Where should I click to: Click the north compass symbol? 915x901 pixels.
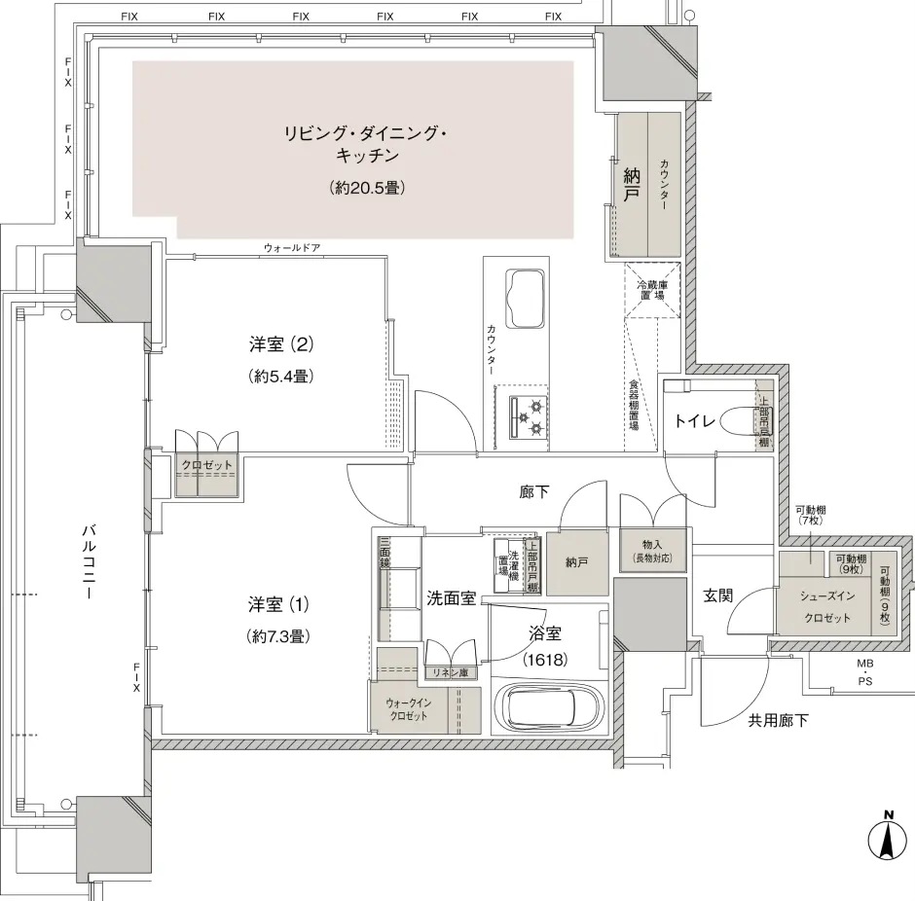point(888,838)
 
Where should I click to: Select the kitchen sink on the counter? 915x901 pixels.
point(526,301)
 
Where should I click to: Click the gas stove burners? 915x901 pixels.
point(530,418)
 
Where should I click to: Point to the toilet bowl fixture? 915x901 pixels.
point(739,420)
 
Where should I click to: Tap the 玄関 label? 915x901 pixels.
point(717,596)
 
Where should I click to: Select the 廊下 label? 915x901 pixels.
point(534,491)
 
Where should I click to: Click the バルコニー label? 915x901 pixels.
point(89,555)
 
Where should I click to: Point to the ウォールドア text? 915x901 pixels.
point(292,248)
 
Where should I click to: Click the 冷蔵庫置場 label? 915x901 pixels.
point(652,290)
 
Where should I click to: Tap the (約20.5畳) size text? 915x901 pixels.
point(367,188)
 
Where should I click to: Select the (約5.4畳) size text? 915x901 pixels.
point(280,377)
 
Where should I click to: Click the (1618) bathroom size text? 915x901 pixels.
point(545,660)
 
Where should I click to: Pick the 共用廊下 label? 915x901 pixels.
point(778,721)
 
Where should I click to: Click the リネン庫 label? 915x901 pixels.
point(450,672)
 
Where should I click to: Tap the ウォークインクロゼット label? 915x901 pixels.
point(409,709)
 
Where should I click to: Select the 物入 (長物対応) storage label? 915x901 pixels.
point(652,551)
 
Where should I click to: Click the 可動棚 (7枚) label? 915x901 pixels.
point(811,515)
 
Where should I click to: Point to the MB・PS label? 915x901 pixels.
point(864,671)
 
